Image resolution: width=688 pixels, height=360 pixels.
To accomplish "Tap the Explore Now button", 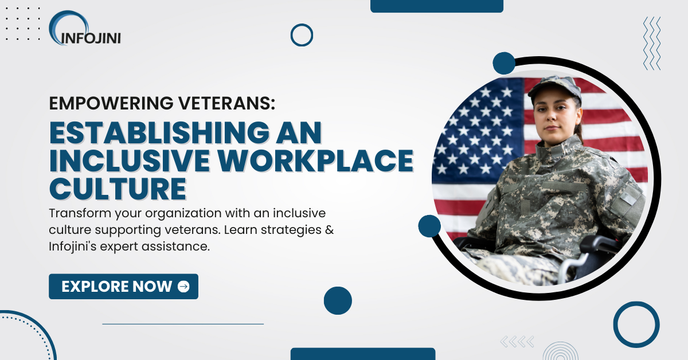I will [x=123, y=287].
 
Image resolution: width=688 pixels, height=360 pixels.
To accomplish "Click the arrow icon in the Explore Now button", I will [x=183, y=287].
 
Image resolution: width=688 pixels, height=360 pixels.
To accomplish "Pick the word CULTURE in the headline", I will [x=118, y=188].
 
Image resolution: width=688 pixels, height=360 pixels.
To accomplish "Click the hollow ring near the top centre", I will [x=302, y=35].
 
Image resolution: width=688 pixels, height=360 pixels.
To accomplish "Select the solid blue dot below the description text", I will [x=338, y=300].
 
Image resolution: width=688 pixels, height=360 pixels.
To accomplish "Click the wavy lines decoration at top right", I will [x=652, y=43].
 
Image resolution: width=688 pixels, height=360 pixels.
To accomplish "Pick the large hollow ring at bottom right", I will [x=636, y=324].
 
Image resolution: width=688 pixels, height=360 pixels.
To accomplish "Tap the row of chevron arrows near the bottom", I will [x=517, y=342].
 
